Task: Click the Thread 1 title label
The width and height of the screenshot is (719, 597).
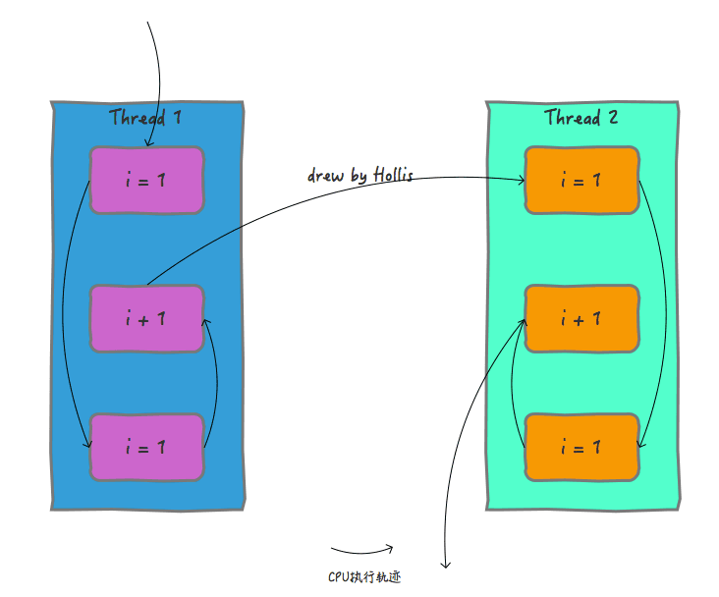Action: pos(145,118)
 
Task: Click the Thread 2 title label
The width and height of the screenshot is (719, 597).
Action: pos(581,118)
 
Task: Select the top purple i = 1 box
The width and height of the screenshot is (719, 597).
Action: pos(146,181)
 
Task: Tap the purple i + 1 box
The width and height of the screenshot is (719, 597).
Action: pos(146,319)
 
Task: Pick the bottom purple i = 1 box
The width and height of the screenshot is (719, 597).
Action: pos(146,447)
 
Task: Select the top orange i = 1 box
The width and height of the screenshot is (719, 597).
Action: pos(581,181)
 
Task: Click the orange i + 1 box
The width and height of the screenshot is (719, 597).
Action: pos(581,319)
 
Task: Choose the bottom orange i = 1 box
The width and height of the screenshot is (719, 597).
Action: pos(581,447)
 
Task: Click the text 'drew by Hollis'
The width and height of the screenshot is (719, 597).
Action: pos(360,176)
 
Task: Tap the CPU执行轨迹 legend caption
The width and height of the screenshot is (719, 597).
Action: pos(364,576)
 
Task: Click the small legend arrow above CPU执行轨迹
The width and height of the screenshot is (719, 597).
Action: pos(362,552)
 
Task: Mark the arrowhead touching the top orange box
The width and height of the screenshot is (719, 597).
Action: pos(524,181)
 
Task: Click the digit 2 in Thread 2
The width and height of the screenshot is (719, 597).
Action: pos(613,118)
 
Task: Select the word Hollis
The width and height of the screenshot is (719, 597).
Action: pos(394,175)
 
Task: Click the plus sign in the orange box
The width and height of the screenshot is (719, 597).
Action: pos(579,320)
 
